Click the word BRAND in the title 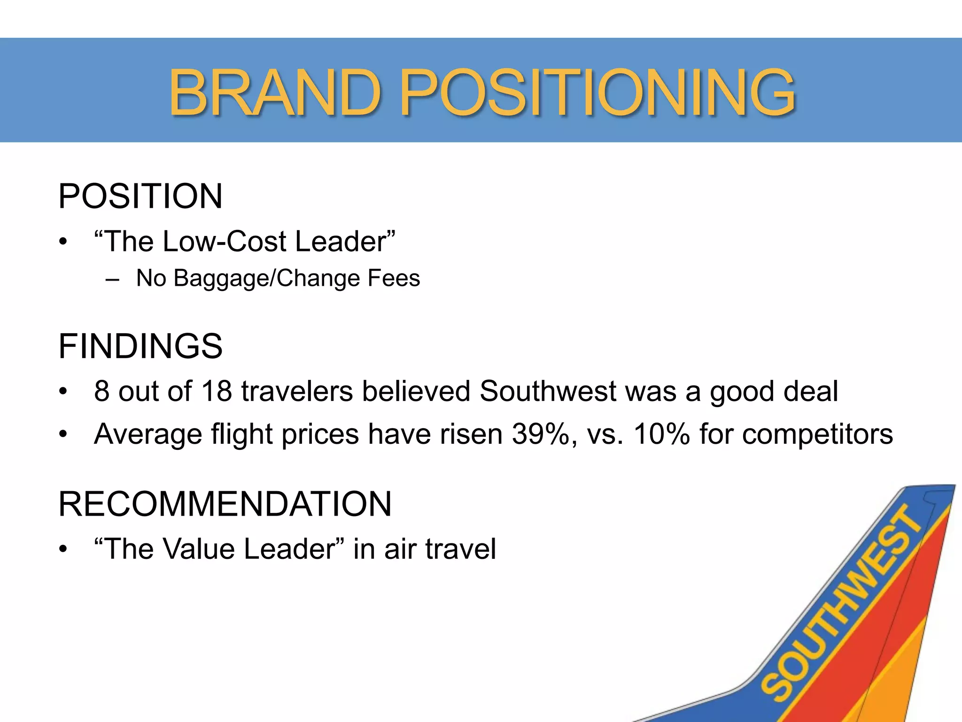[x=274, y=92]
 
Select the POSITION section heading [x=140, y=196]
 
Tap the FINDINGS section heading [x=140, y=346]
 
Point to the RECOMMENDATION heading [x=225, y=504]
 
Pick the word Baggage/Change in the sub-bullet [x=266, y=278]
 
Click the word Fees [x=394, y=278]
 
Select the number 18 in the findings [x=217, y=391]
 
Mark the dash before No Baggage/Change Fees [x=112, y=279]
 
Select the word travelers [x=297, y=391]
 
